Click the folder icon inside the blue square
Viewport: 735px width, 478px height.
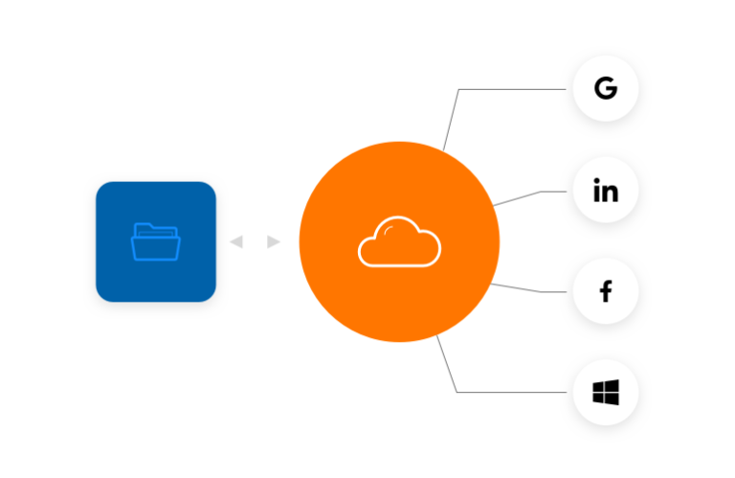coord(155,241)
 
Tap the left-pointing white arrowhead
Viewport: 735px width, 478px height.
coord(236,242)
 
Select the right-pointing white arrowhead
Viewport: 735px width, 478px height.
coord(275,242)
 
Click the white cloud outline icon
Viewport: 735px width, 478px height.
coord(399,241)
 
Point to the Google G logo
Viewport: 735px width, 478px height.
coord(605,89)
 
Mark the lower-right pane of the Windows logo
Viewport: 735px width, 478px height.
coord(612,399)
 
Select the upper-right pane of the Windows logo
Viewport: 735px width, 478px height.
coord(612,385)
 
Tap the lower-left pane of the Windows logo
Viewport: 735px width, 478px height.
coord(598,398)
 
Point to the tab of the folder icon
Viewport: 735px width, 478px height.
coord(143,226)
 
